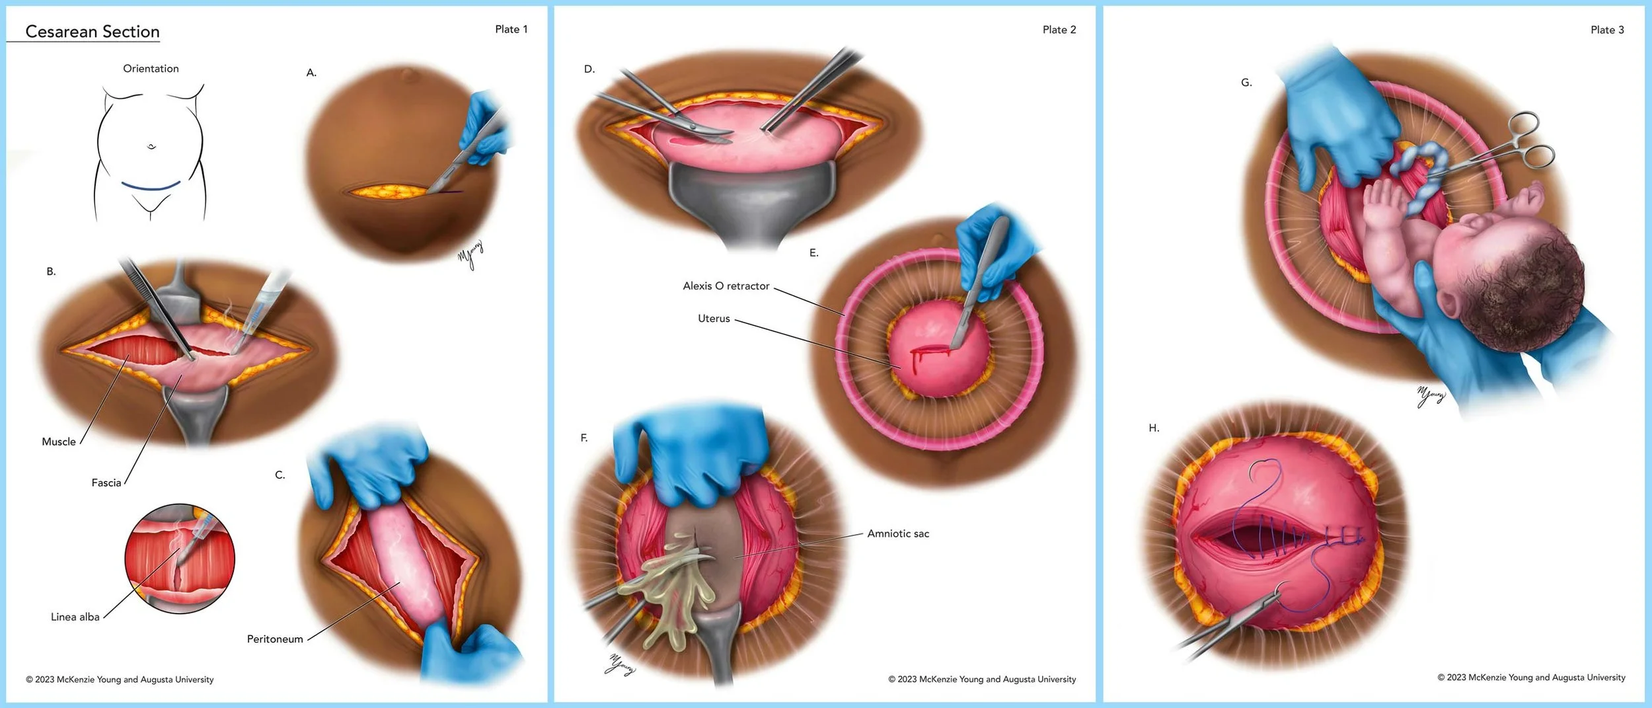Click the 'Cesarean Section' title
tap(93, 32)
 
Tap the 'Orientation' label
tap(151, 69)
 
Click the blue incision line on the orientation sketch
tap(151, 187)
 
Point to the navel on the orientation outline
tap(151, 147)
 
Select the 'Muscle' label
tap(59, 442)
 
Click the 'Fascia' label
tap(106, 483)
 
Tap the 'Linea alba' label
tap(75, 617)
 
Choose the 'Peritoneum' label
tap(275, 639)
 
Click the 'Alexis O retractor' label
tap(726, 286)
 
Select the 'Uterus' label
tap(714, 318)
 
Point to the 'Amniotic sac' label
tap(898, 533)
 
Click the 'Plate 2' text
tap(1059, 30)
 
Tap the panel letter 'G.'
tap(1246, 83)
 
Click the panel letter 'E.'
tap(814, 253)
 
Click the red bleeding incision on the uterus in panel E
tap(928, 352)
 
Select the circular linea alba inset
tap(180, 559)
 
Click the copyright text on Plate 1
tap(120, 680)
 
